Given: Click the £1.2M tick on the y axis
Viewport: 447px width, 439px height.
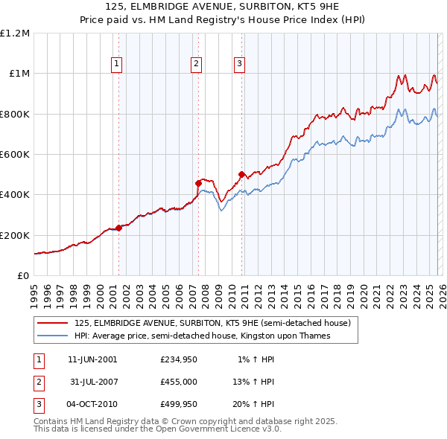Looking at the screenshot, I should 16,33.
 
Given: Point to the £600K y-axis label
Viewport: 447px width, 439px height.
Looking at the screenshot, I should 16,155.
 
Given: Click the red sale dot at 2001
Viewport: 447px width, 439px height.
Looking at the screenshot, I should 118,228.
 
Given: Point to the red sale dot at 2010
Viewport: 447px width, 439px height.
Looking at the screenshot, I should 241,175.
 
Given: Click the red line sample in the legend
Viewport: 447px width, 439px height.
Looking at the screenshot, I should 53,323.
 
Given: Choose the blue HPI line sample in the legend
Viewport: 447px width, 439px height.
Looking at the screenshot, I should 53,336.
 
